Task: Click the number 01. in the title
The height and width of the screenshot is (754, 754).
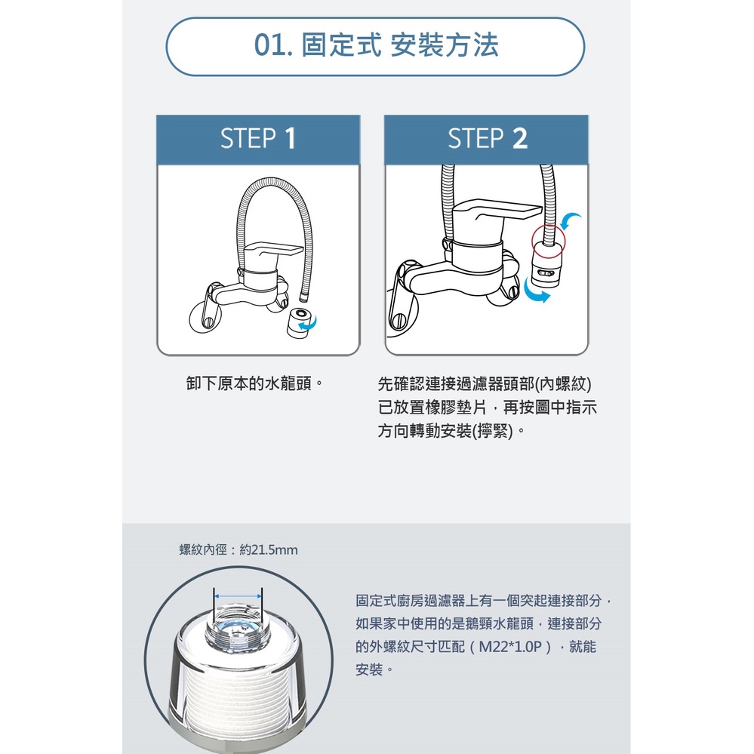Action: pyautogui.click(x=273, y=45)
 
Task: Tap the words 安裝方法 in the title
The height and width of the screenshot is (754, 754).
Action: pyautogui.click(x=445, y=45)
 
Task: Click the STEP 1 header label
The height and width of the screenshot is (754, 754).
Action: pyautogui.click(x=258, y=138)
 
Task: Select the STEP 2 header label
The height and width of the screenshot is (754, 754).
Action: pyautogui.click(x=487, y=138)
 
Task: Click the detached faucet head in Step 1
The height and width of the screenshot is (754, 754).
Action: pyautogui.click(x=300, y=322)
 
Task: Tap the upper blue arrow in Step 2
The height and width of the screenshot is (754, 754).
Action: pyautogui.click(x=571, y=220)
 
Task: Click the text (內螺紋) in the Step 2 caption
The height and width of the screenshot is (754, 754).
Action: pyautogui.click(x=563, y=383)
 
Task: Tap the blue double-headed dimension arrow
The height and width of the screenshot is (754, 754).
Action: pyautogui.click(x=238, y=596)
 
